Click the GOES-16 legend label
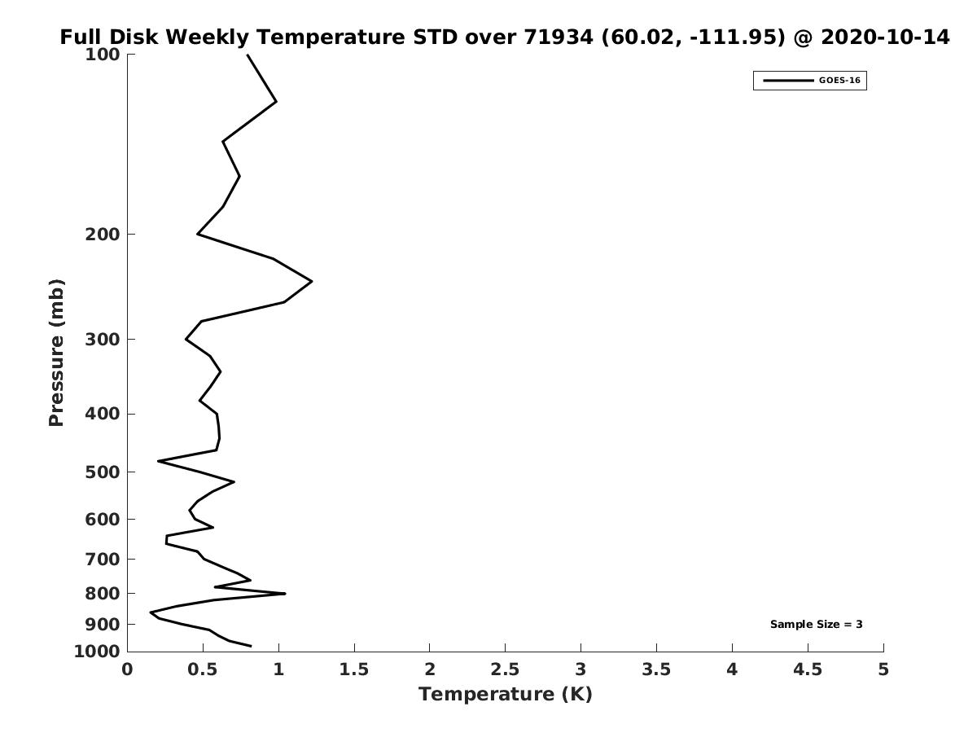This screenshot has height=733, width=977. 839,81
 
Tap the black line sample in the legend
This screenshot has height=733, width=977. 788,81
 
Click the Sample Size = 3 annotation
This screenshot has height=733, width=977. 817,625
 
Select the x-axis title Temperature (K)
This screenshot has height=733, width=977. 506,694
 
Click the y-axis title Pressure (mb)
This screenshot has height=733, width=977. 56,353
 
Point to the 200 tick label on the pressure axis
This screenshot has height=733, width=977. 103,234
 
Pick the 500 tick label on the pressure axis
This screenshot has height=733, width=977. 103,472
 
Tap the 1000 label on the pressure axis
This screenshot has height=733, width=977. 97,652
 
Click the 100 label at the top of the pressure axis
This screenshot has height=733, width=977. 103,55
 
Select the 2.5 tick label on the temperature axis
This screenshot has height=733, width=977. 506,669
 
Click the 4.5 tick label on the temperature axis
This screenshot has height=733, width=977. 808,669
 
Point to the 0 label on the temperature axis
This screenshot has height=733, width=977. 127,669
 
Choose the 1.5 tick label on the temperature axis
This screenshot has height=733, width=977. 354,669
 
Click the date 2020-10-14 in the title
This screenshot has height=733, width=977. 885,37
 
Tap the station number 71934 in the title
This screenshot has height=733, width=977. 559,37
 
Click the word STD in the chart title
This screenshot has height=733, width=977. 436,37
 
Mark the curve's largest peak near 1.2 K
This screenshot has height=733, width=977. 312,281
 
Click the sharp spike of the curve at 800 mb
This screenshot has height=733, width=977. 285,593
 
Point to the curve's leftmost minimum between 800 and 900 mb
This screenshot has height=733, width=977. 151,612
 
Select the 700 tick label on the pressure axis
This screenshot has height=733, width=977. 103,559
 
